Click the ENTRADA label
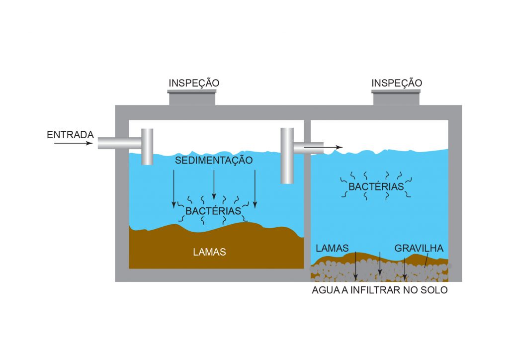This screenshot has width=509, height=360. pos(70,135)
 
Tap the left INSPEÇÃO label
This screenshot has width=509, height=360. pos(194,83)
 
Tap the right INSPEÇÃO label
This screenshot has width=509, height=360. pos(397,83)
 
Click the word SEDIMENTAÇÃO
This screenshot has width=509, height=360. pos(214,161)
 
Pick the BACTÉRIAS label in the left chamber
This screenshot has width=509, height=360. pos(213,211)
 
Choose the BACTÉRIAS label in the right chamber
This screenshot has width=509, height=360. pos(376,187)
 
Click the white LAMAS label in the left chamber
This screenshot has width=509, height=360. pos(209,252)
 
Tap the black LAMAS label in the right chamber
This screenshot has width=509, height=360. pos(332,248)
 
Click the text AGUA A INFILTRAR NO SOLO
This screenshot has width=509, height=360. pos(379,290)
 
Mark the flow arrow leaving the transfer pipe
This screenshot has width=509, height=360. pos(324,147)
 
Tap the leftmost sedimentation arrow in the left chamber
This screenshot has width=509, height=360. pos(173,188)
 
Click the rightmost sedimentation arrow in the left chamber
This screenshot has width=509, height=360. pos(254,188)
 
